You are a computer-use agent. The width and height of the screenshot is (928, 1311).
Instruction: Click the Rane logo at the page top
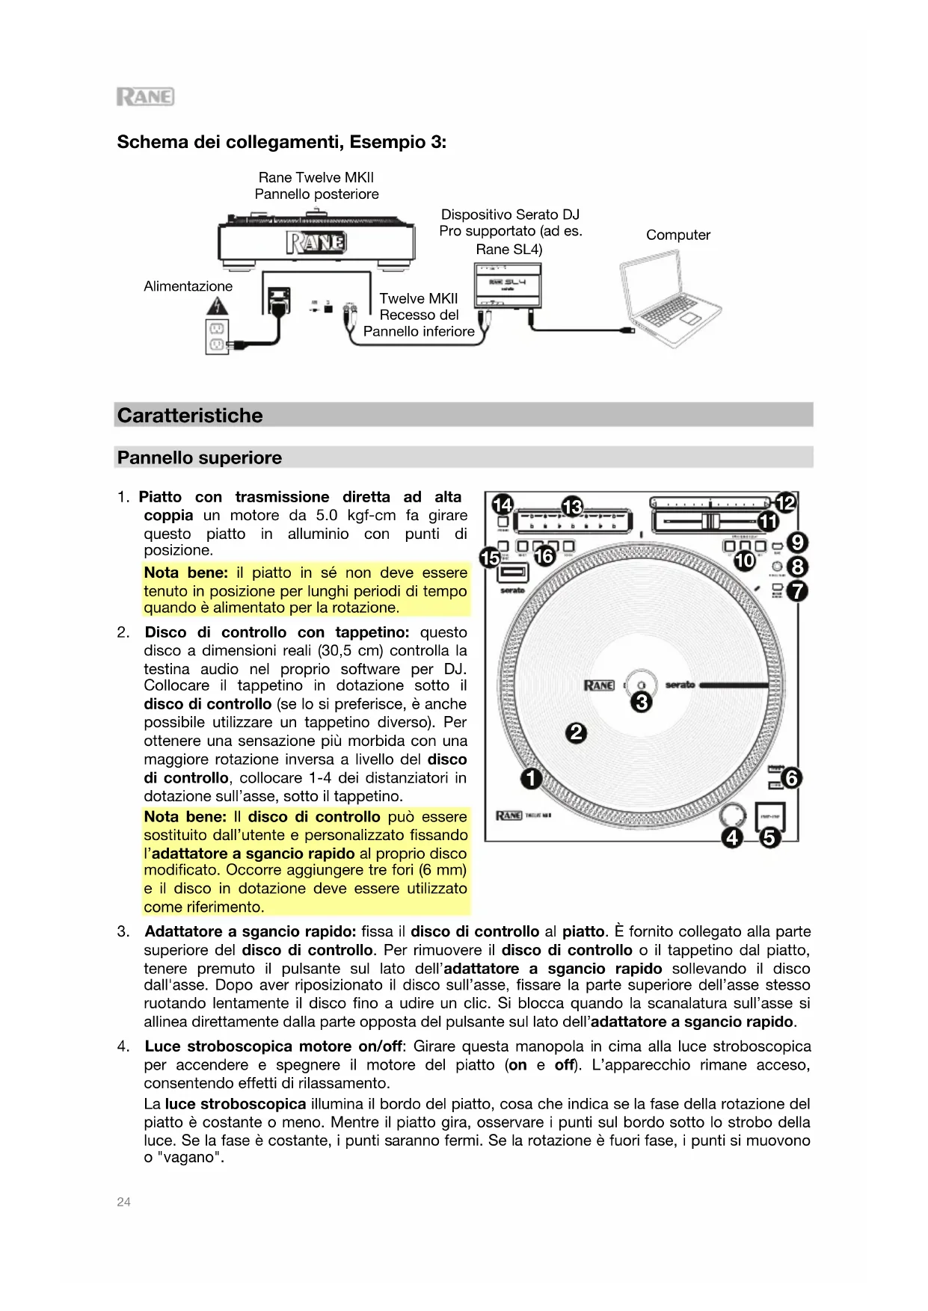click(145, 96)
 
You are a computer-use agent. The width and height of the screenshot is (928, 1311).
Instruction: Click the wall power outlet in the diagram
click(216, 336)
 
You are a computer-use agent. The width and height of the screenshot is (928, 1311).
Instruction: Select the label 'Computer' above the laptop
click(677, 235)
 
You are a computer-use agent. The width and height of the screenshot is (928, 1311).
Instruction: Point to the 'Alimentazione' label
click(188, 286)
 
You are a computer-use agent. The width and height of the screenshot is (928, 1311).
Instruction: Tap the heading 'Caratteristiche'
click(190, 416)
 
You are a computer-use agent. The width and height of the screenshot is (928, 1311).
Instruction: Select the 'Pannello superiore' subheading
click(200, 457)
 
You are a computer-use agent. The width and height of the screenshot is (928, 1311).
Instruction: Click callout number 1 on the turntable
click(531, 779)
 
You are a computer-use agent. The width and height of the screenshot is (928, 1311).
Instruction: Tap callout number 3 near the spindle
click(642, 702)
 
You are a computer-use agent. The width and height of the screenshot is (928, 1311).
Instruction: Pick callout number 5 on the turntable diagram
click(769, 838)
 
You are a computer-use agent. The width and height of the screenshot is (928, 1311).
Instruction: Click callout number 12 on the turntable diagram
click(786, 503)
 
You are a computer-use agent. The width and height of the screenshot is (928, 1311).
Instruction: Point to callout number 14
click(503, 505)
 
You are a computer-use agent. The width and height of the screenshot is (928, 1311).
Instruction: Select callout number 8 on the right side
click(798, 567)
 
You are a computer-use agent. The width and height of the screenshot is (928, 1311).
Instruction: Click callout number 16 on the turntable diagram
click(544, 556)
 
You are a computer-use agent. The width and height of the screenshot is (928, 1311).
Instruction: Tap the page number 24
click(123, 1202)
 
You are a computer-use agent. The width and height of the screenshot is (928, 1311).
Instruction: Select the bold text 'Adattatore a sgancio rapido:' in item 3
click(250, 931)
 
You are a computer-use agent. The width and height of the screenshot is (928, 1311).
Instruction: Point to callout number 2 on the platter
click(576, 733)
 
